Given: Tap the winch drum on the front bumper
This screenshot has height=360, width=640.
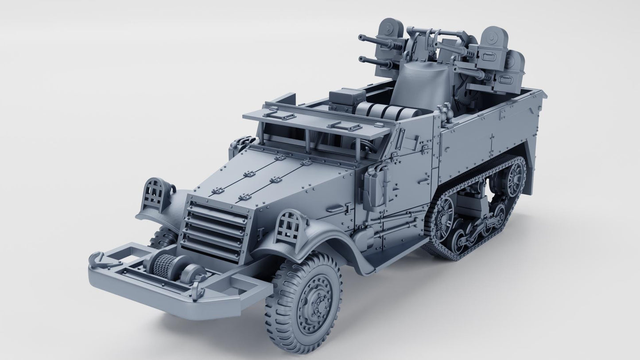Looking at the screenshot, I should [x=165, y=266].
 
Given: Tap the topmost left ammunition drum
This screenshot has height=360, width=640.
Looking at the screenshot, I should [x=389, y=29].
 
